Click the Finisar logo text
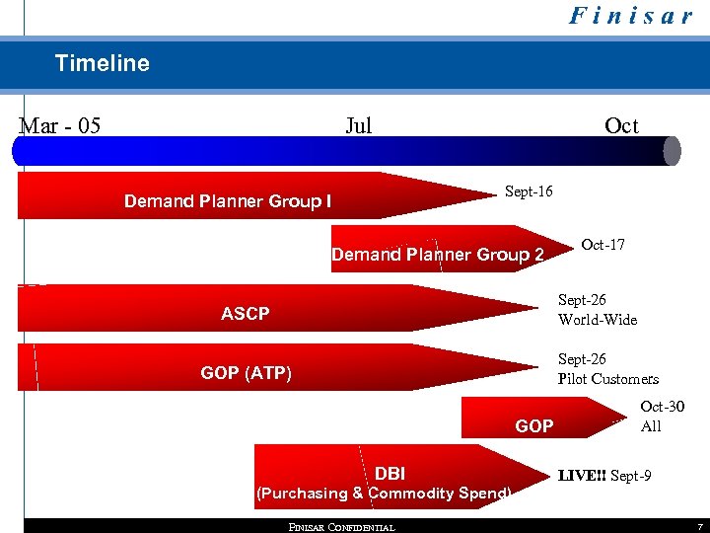(x=631, y=17)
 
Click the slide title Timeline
(x=103, y=63)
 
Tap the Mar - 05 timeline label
(x=60, y=125)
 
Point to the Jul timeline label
(x=359, y=125)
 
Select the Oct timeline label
(x=621, y=125)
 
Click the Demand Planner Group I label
(x=228, y=201)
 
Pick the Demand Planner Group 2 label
(x=438, y=255)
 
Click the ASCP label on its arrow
(x=245, y=314)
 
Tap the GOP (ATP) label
(x=246, y=373)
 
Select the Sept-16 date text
(x=529, y=190)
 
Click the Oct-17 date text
(x=603, y=244)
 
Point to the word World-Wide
(x=598, y=320)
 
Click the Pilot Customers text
(x=607, y=379)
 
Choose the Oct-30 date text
(x=662, y=407)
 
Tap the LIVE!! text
(x=582, y=476)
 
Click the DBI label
(x=390, y=474)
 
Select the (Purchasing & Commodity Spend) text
(x=384, y=494)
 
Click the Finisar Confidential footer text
(x=341, y=527)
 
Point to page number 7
(x=699, y=527)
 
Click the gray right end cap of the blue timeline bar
(x=673, y=150)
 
